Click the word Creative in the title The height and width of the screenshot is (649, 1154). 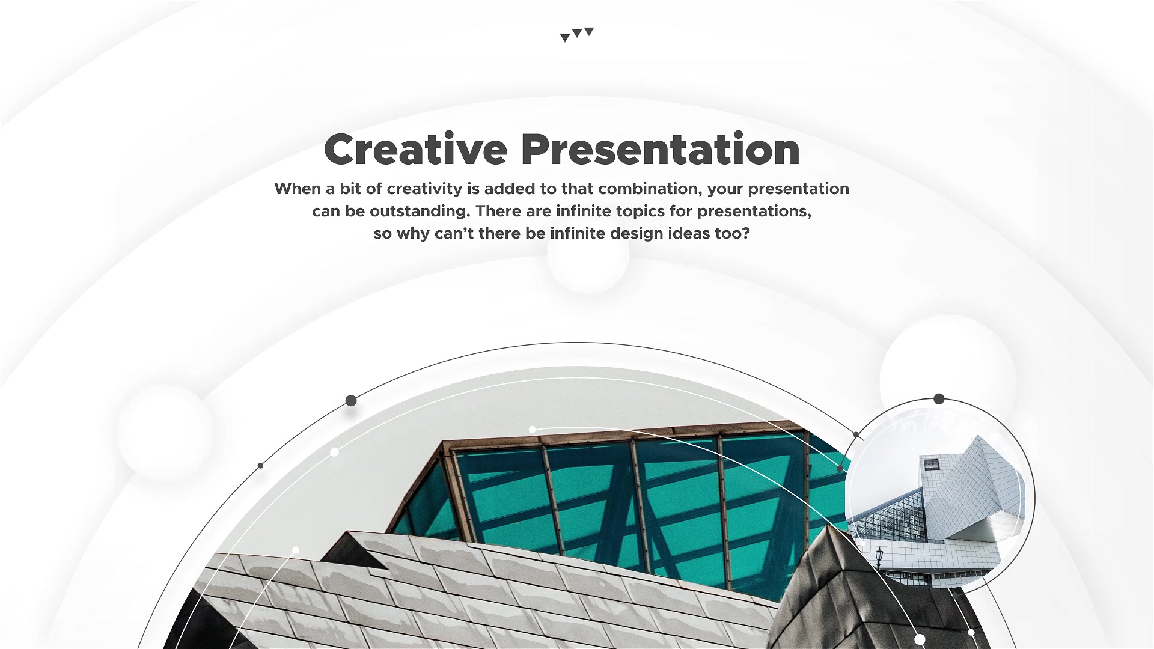tap(415, 149)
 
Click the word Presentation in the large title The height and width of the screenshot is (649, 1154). tap(661, 149)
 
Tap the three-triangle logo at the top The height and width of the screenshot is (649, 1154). tap(577, 34)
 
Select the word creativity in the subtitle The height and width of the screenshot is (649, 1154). tap(425, 189)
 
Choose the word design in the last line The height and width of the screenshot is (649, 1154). tap(637, 233)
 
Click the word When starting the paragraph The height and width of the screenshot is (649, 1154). tap(298, 189)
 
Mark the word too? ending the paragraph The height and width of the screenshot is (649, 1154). tap(733, 233)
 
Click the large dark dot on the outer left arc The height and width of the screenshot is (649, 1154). tap(351, 401)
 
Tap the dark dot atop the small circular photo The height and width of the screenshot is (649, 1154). tap(939, 399)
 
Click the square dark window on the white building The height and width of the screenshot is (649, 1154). tap(932, 463)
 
